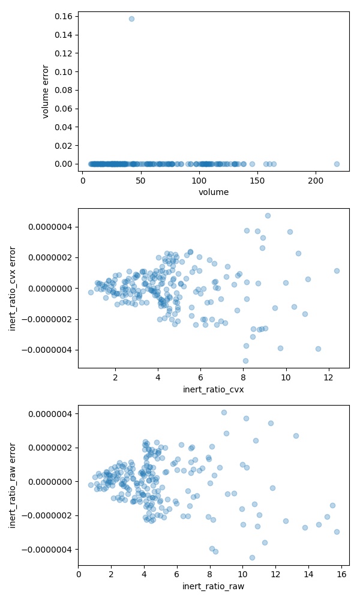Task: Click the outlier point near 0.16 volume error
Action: tap(131, 19)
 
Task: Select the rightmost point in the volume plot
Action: tap(337, 164)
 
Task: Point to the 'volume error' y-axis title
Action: tap(46, 91)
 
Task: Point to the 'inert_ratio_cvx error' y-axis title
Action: tap(13, 288)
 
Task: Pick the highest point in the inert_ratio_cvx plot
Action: tap(268, 215)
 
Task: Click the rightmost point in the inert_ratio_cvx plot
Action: tap(337, 271)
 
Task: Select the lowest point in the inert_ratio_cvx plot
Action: tap(245, 361)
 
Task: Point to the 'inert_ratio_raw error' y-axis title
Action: tap(13, 485)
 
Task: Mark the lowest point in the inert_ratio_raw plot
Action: tap(252, 557)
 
